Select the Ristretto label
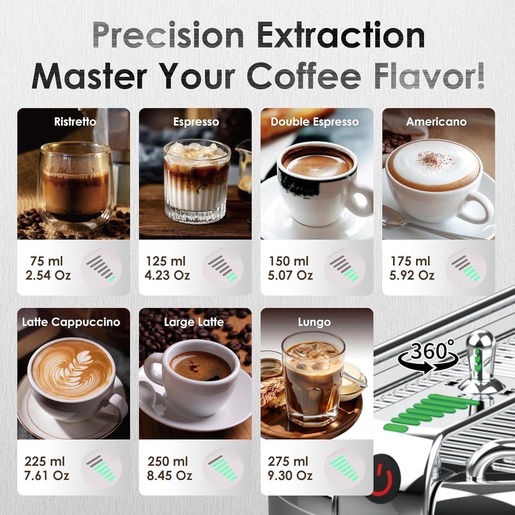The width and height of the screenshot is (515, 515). tap(75, 122)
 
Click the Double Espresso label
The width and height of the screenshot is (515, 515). tap(315, 122)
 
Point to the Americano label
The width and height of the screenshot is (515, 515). tap(436, 122)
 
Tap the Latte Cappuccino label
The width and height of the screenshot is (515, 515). tap(71, 322)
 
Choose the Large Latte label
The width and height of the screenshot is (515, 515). tap(194, 322)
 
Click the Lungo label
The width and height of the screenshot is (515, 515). tap(314, 322)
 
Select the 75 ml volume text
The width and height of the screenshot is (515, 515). tap(46, 261)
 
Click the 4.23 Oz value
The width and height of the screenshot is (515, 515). tap(167, 275)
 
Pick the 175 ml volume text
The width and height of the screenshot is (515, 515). tap(410, 261)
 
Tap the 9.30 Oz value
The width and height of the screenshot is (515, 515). tap(290, 475)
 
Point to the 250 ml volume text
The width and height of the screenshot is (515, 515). tap(168, 461)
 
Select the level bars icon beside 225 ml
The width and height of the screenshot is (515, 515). tap(101, 468)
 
